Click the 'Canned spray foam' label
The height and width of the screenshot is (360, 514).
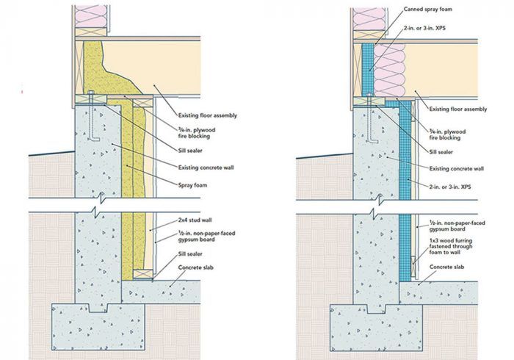[428, 9]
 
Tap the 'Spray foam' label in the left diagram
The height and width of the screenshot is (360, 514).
[192, 185]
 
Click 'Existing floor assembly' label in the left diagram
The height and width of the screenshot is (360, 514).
[208, 115]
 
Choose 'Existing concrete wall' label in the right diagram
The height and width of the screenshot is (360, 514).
[457, 168]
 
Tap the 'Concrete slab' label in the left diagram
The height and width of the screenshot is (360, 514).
[196, 267]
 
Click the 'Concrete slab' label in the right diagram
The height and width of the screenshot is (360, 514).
[446, 267]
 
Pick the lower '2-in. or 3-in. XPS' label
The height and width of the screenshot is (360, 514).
[450, 187]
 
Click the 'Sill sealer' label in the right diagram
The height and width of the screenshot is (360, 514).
[441, 152]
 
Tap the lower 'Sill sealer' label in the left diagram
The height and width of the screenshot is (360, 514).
[190, 254]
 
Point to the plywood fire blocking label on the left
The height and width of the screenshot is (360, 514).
[197, 133]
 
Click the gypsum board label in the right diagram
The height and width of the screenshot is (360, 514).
[457, 226]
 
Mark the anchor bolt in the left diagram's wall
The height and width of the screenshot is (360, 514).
[92, 116]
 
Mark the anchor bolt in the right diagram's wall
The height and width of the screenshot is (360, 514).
[372, 118]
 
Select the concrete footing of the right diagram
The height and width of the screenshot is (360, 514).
[376, 328]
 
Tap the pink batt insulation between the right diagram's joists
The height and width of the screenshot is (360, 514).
[389, 71]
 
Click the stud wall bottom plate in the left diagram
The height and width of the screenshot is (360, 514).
[143, 274]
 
